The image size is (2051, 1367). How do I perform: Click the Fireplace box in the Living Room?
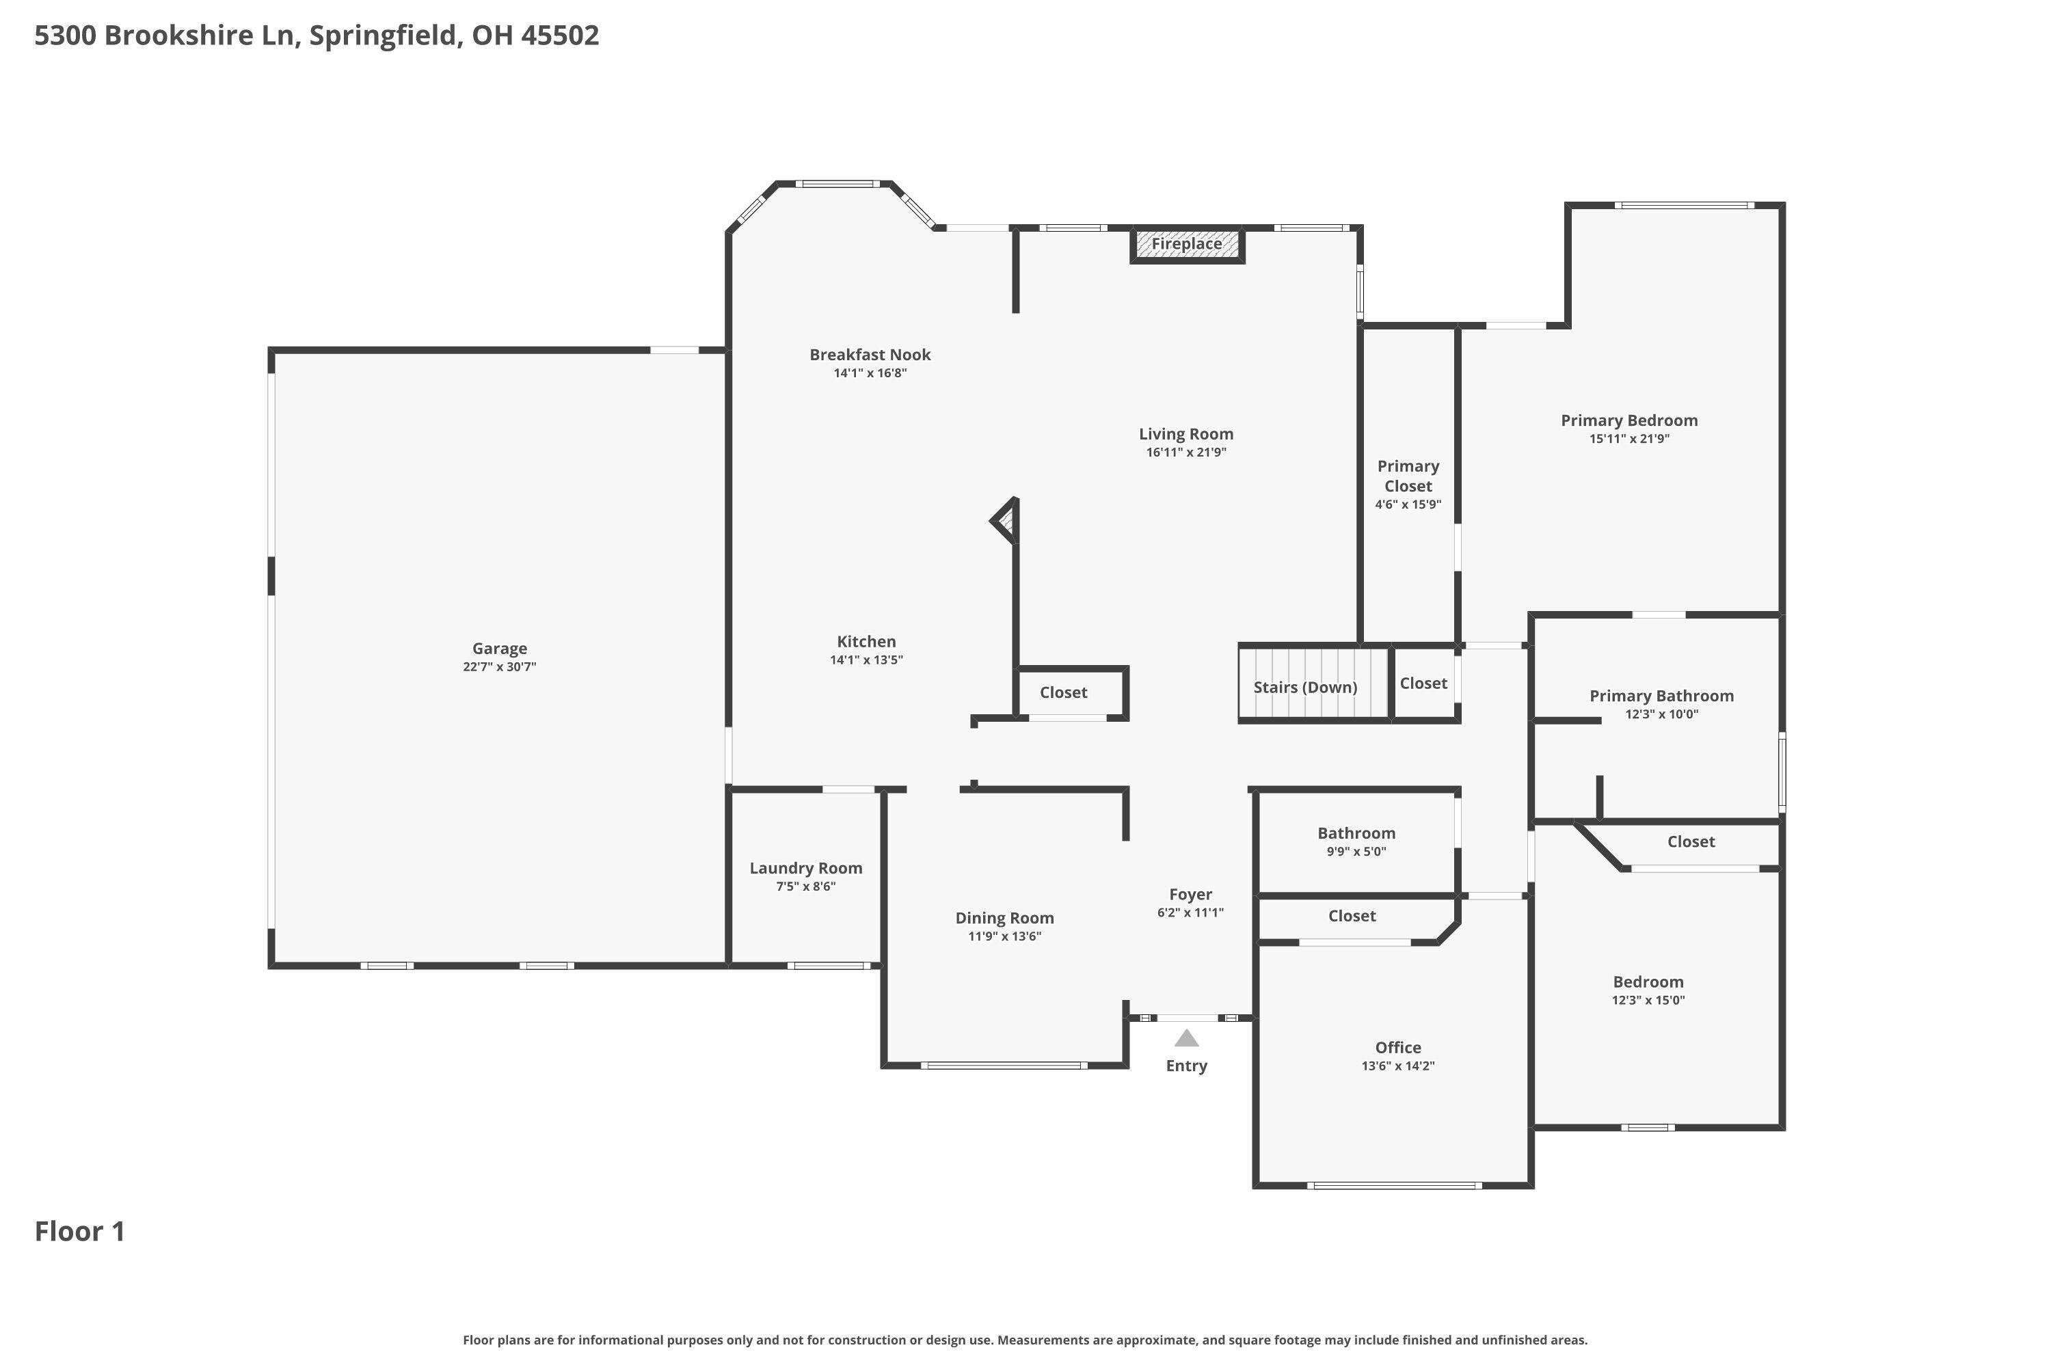pos(1186,244)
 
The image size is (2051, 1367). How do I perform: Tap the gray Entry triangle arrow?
pos(1186,1038)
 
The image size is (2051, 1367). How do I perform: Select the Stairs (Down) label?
pos(1304,687)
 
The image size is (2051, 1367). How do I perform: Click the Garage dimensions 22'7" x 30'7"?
pos(499,667)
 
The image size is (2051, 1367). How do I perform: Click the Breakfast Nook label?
pos(870,354)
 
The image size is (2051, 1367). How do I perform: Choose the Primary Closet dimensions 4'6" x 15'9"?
pos(1408,505)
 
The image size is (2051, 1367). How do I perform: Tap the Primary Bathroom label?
pos(1661,696)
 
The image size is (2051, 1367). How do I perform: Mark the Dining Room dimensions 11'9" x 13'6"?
pos(1004,936)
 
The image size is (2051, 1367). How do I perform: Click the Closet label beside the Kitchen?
pos(1062,692)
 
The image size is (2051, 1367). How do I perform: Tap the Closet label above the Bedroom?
pos(1690,841)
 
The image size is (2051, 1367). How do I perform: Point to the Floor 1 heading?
pos(79,1231)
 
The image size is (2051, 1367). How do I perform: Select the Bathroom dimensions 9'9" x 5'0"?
pos(1355,852)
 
